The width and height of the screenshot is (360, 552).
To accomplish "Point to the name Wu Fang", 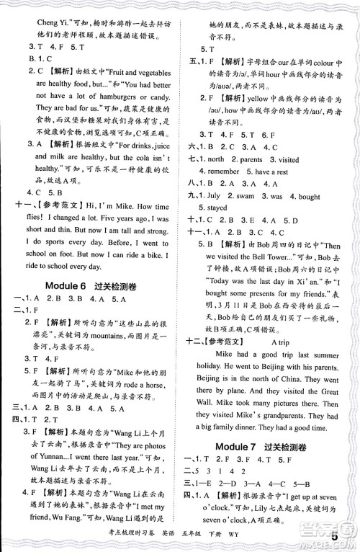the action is pos(63,507).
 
